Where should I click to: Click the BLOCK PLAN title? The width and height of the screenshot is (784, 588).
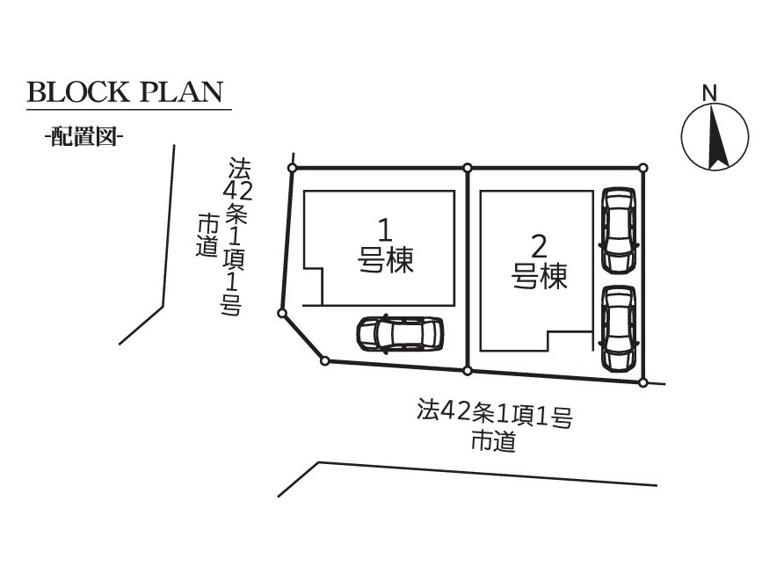[x=125, y=92]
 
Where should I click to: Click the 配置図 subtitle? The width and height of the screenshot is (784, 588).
[x=83, y=137]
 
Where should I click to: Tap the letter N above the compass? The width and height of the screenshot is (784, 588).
[x=709, y=91]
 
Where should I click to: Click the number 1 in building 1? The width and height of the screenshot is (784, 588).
[x=384, y=231]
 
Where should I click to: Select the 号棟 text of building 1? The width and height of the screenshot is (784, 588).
[x=386, y=260]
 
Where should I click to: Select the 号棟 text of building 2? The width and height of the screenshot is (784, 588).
[x=540, y=277]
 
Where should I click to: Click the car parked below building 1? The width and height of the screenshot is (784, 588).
[x=400, y=333]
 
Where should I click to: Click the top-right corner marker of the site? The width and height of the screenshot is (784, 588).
[x=643, y=167]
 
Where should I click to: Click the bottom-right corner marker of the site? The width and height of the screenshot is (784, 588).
[x=643, y=382]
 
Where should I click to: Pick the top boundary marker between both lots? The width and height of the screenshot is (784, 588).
[x=468, y=167]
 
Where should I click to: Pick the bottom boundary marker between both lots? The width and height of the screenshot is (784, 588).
[x=468, y=370]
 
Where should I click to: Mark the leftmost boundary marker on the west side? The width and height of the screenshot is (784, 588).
[x=281, y=312]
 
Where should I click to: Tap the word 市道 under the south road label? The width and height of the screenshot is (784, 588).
[x=494, y=441]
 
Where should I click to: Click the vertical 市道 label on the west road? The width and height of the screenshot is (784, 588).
[x=207, y=236]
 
